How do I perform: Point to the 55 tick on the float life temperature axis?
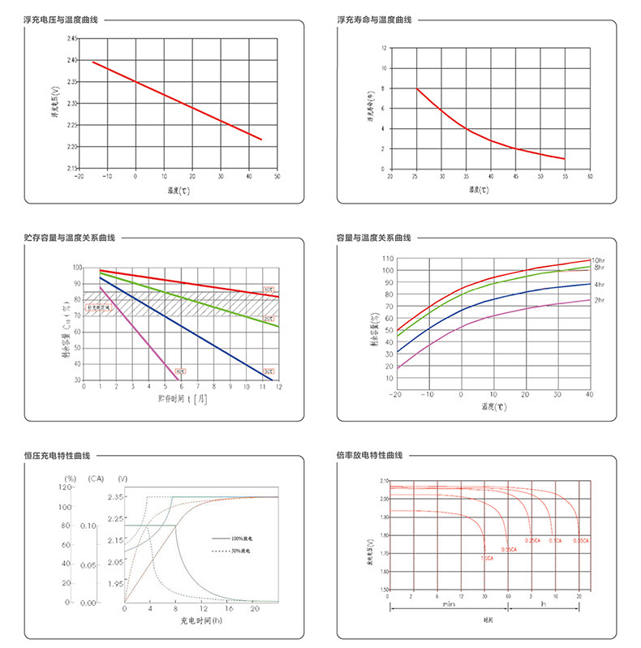pos(564,176)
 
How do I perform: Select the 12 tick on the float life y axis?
pos(382,49)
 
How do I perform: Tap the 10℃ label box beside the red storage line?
pos(268,290)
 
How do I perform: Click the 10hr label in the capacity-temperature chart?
pos(599,260)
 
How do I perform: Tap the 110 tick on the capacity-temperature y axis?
pos(388,259)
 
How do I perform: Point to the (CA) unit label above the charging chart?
pos(97,478)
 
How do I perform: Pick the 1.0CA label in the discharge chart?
pos(487,558)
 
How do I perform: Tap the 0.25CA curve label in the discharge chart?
pos(532,540)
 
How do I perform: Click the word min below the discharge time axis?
pos(449,604)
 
